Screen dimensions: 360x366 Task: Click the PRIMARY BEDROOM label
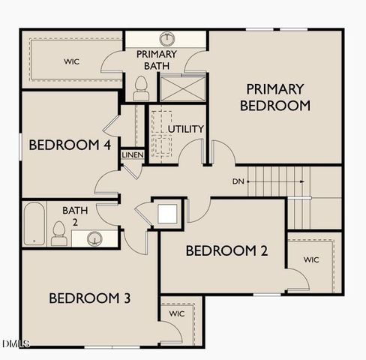click(275, 97)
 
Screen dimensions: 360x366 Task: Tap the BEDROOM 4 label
click(70, 145)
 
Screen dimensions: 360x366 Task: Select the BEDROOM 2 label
click(226, 250)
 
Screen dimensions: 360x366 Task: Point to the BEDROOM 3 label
click(90, 298)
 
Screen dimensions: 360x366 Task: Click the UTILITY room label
click(185, 129)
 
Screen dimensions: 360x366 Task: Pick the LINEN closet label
click(133, 155)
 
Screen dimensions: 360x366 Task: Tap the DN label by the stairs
click(237, 181)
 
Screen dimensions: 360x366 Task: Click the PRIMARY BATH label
click(156, 60)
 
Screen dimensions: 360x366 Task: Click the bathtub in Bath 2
click(34, 223)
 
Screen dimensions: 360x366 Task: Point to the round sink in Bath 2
click(94, 238)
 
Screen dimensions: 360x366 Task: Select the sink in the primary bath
click(166, 39)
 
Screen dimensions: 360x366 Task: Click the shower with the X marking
click(181, 88)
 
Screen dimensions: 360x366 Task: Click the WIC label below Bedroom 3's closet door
click(177, 313)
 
